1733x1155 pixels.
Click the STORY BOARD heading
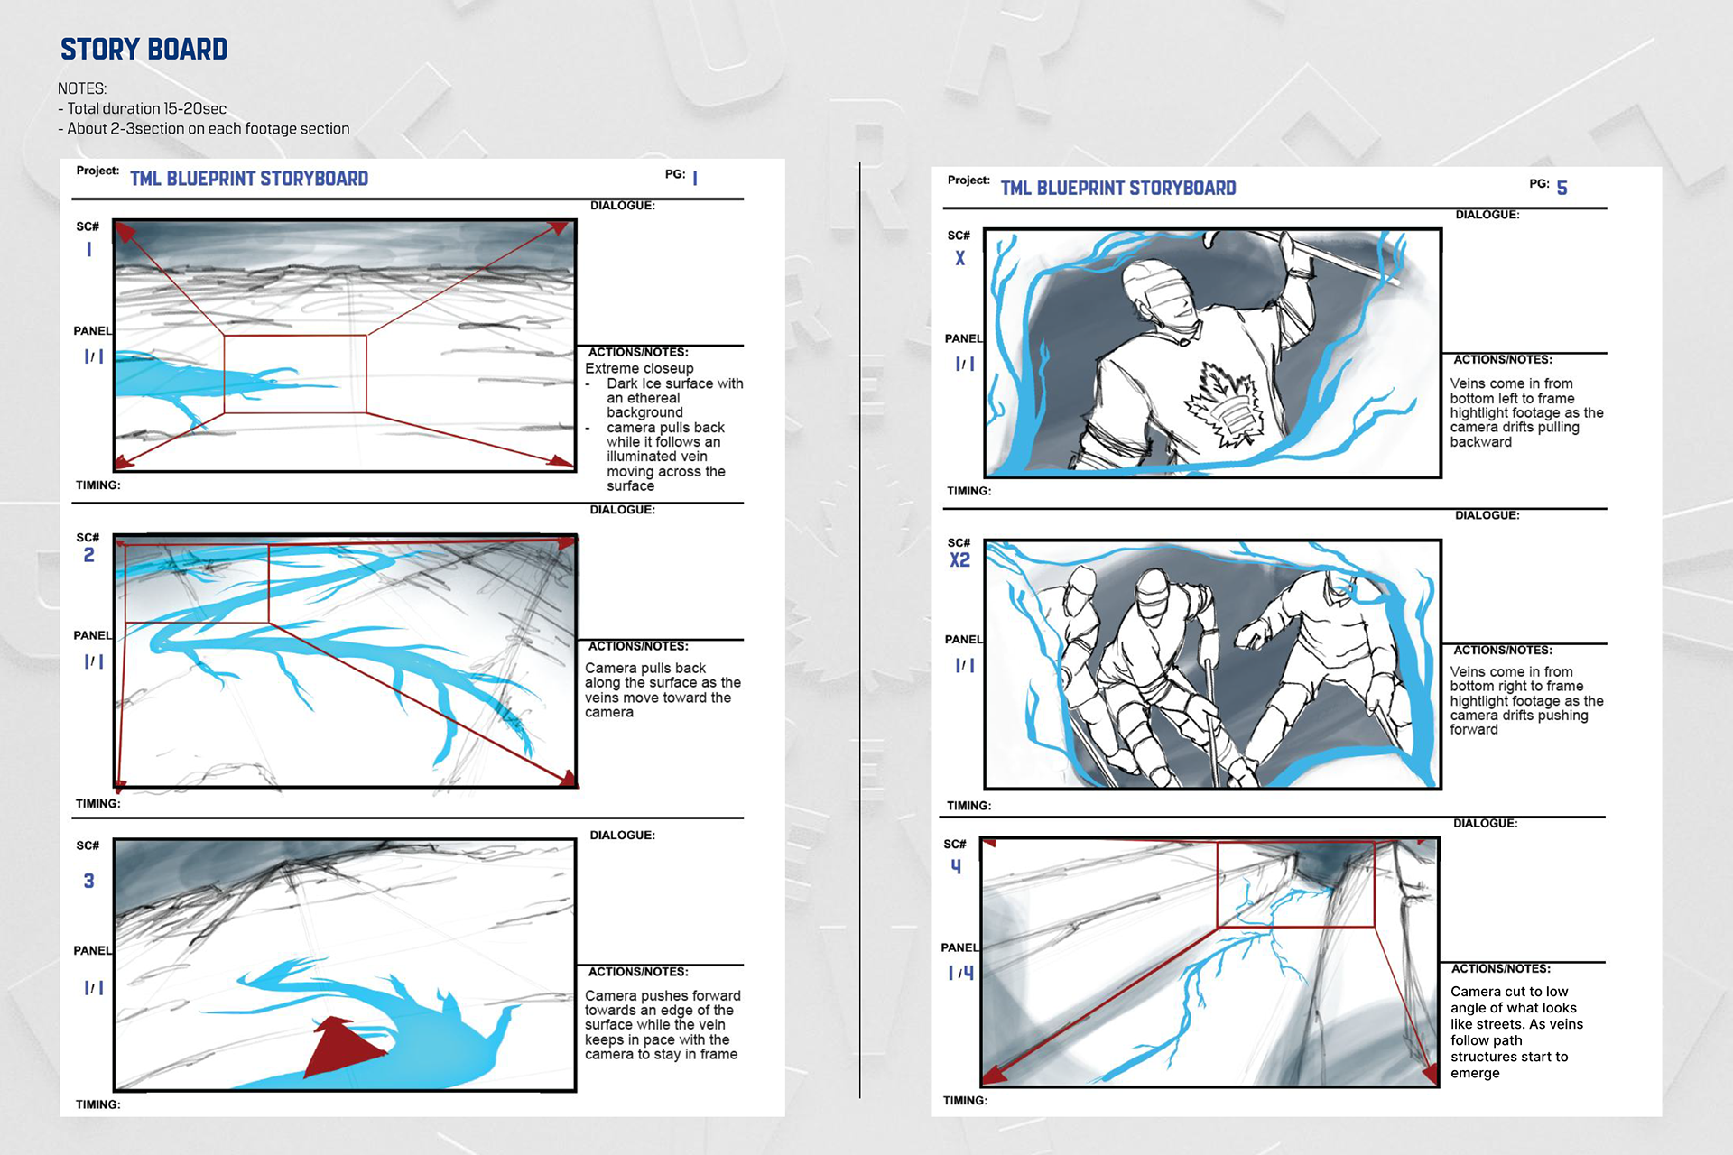tap(144, 49)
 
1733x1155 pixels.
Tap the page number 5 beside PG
tap(1562, 188)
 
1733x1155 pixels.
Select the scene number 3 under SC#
tap(88, 881)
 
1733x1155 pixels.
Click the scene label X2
tap(959, 560)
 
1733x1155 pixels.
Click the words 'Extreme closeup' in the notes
tap(639, 368)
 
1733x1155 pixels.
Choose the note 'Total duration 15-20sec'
tap(146, 108)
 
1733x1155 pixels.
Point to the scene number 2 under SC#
tap(88, 555)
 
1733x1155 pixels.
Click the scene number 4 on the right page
tap(956, 866)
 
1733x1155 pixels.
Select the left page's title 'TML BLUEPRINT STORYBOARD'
tap(249, 179)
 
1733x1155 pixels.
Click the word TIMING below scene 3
tap(97, 1104)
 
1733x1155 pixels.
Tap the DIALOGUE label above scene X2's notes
tap(1487, 515)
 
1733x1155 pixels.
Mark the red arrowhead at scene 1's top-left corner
tap(125, 232)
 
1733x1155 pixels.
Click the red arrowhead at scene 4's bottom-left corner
tap(994, 1073)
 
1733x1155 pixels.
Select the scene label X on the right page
tap(960, 258)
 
